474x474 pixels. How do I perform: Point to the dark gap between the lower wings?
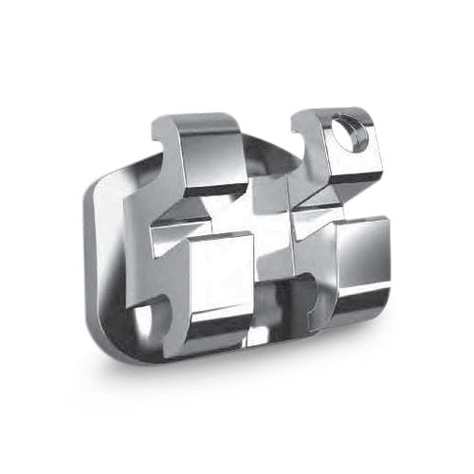[x=284, y=303]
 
